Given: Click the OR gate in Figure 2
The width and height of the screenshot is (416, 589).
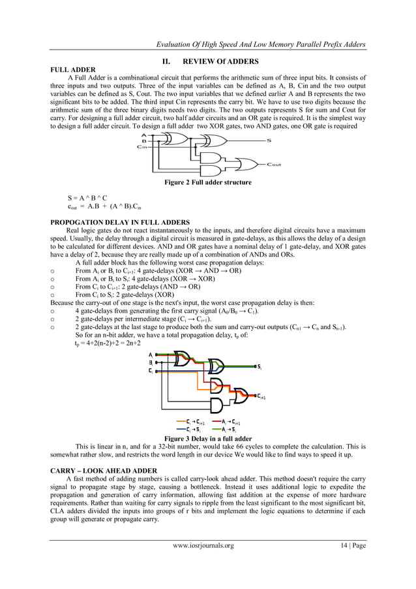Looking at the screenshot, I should (x=248, y=164).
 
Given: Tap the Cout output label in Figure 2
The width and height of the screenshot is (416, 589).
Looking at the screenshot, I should (x=274, y=165).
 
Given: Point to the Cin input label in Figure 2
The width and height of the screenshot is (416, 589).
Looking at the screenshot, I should (x=143, y=147).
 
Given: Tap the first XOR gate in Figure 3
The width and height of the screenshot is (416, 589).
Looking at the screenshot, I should (x=181, y=357).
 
